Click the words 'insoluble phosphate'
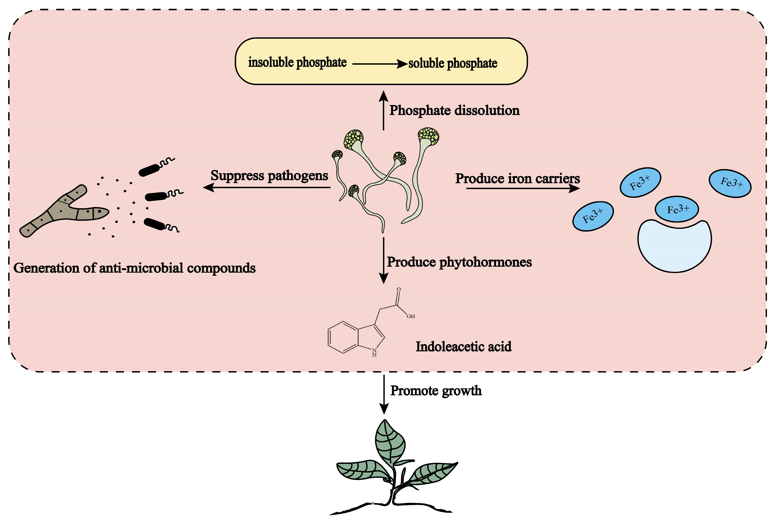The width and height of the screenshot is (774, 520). pyautogui.click(x=297, y=62)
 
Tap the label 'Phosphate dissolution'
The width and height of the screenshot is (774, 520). pyautogui.click(x=454, y=110)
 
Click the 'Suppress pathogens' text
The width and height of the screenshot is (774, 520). pyautogui.click(x=269, y=175)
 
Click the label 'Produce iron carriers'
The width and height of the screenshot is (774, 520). pyautogui.click(x=517, y=178)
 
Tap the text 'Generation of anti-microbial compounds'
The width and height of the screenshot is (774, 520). pyautogui.click(x=135, y=268)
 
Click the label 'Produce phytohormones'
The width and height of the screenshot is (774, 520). pyautogui.click(x=459, y=262)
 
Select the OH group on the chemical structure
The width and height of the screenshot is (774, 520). pyautogui.click(x=411, y=316)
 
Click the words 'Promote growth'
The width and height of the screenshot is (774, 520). pyautogui.click(x=436, y=391)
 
